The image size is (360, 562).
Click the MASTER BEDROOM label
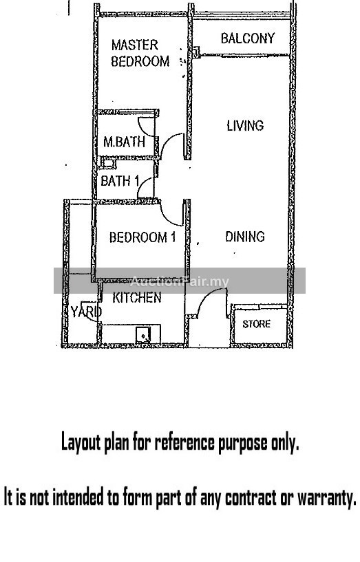click(140, 53)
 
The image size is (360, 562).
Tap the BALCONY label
click(248, 39)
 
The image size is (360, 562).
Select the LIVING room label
click(245, 125)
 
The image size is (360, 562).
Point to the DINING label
click(245, 237)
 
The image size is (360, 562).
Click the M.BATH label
click(124, 142)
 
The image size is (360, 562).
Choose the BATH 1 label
click(120, 181)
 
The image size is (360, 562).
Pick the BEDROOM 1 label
click(142, 237)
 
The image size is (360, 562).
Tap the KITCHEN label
click(137, 297)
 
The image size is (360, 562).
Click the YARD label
click(86, 312)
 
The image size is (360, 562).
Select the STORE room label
click(256, 325)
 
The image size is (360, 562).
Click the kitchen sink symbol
click(143, 335)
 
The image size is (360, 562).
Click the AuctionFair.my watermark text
click(179, 282)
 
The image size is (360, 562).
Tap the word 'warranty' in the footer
click(327, 498)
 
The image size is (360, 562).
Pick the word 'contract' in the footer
click(254, 497)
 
